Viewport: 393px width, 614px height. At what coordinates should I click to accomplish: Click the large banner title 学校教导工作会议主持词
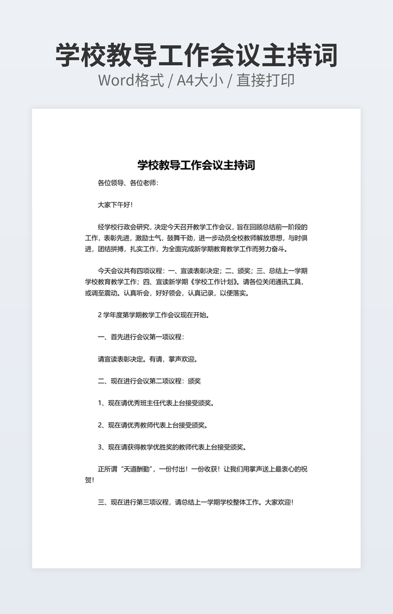pos(196,55)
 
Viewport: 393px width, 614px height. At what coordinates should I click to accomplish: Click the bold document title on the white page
pos(196,165)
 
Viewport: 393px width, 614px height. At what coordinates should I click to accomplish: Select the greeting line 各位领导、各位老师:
pos(127,183)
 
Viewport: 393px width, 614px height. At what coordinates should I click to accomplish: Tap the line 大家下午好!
pos(115,205)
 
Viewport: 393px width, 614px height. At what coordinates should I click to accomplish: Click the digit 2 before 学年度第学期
pos(100,315)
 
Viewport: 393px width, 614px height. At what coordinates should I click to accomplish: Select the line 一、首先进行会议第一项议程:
pos(141,337)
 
